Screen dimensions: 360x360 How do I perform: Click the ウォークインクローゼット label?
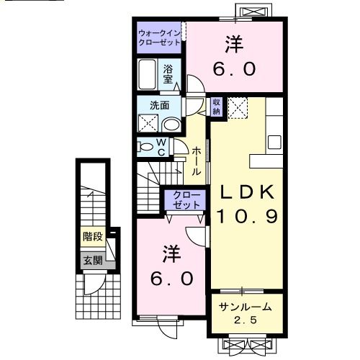[161, 37]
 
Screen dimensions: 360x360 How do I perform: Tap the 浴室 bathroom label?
[167, 75]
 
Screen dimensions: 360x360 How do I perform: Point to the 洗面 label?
[160, 105]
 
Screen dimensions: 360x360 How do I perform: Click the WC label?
[162, 148]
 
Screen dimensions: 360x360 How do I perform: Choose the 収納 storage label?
[216, 107]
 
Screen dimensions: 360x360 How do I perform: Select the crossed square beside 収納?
[238, 108]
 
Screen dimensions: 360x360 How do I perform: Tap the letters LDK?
[246, 192]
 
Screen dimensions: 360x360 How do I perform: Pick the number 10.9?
[246, 217]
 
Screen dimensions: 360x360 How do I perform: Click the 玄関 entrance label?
[92, 260]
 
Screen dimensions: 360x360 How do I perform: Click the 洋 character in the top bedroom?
[233, 45]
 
